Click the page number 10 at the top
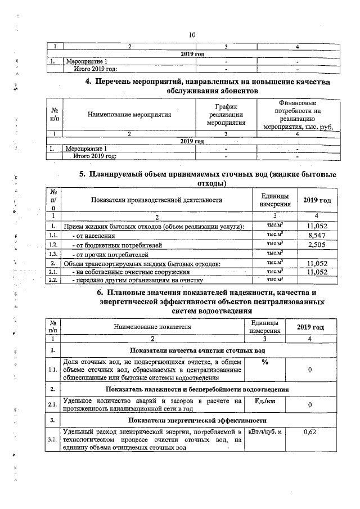(192, 35)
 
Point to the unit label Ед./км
(264, 400)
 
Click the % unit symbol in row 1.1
(264, 362)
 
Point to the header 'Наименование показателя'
(152, 326)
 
